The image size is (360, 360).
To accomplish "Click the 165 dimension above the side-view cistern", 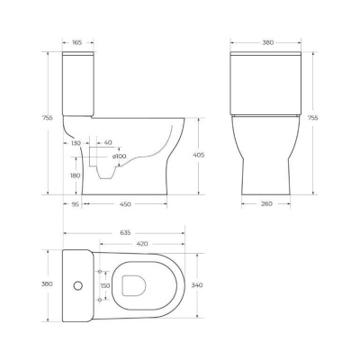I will pos(77,41).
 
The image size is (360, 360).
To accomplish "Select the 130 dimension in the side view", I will pos(76,143).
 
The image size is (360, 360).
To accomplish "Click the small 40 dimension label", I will pos(108,143).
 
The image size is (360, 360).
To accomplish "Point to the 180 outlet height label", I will pos(76,176).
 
